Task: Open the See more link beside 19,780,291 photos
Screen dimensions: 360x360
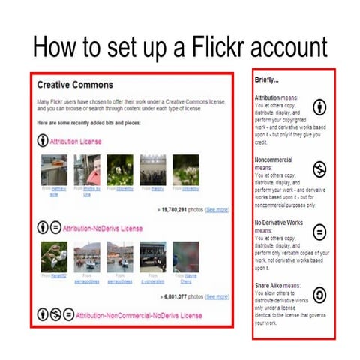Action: pyautogui.click(x=217, y=212)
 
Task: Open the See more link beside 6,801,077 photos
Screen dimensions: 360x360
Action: pyautogui.click(x=217, y=297)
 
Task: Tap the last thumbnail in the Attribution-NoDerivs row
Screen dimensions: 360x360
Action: pyautogui.click(x=185, y=256)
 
